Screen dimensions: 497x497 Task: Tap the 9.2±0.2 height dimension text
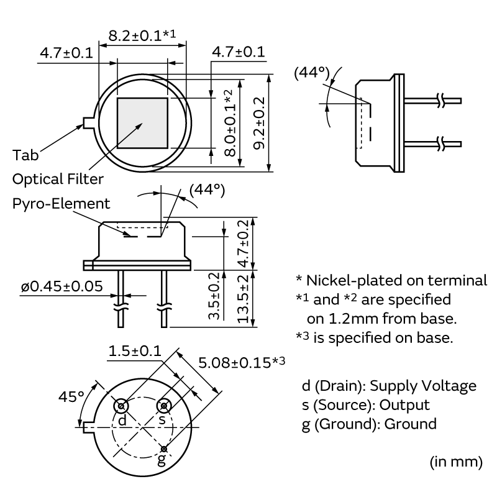pyautogui.click(x=260, y=122)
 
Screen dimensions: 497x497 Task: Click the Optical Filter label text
pyautogui.click(x=58, y=179)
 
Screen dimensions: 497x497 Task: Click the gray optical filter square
pyautogui.click(x=143, y=124)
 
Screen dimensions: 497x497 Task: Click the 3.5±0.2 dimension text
pyautogui.click(x=213, y=296)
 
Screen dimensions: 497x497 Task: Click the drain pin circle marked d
pyautogui.click(x=122, y=407)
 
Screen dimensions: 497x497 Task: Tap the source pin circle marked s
pyautogui.click(x=164, y=406)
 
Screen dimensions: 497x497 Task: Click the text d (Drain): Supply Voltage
pyautogui.click(x=388, y=385)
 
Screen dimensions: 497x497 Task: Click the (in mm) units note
pyautogui.click(x=455, y=462)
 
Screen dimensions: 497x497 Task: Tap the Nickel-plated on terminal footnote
pyautogui.click(x=391, y=280)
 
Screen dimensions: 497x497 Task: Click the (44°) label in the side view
pyautogui.click(x=311, y=74)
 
